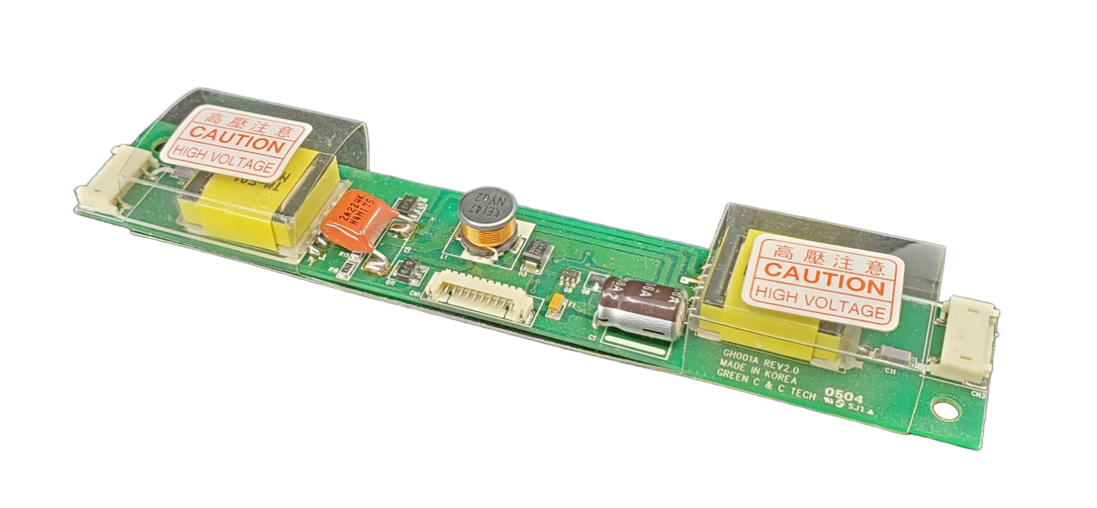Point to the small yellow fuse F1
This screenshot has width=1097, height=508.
click(557, 303)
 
